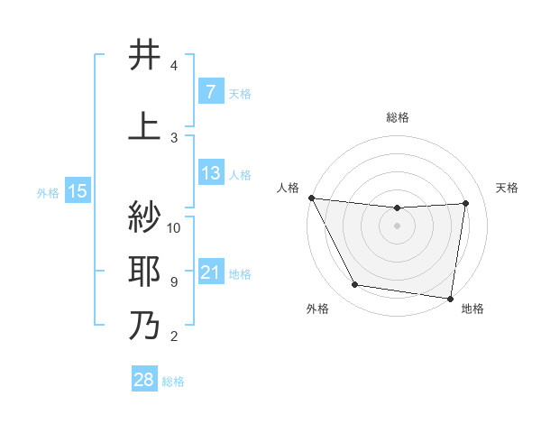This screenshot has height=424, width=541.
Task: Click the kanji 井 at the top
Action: (x=145, y=56)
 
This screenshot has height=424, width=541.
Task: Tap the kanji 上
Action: (x=145, y=125)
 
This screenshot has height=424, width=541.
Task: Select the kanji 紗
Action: (x=145, y=217)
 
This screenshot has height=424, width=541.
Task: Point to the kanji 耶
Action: (x=145, y=271)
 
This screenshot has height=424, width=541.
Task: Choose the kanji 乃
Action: (x=145, y=325)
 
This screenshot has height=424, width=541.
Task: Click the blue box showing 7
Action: (x=210, y=92)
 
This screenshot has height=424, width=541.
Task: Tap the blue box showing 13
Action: (x=210, y=173)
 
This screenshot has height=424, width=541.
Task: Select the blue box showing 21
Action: (x=210, y=272)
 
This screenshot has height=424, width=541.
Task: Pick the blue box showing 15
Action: (x=77, y=191)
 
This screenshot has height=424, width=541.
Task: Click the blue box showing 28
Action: (x=143, y=381)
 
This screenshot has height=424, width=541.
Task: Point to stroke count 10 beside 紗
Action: (x=174, y=227)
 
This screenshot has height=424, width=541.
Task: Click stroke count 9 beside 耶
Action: (x=174, y=282)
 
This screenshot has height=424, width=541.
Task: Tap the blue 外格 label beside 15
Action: (x=48, y=192)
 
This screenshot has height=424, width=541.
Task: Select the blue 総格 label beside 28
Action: (x=173, y=382)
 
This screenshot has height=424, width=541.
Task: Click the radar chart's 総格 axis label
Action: (x=398, y=117)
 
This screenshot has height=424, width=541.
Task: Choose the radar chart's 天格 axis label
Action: (x=508, y=188)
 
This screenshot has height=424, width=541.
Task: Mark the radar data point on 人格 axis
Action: (x=311, y=198)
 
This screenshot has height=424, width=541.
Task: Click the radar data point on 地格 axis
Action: (x=450, y=298)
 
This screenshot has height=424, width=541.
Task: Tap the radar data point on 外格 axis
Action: (x=354, y=286)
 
